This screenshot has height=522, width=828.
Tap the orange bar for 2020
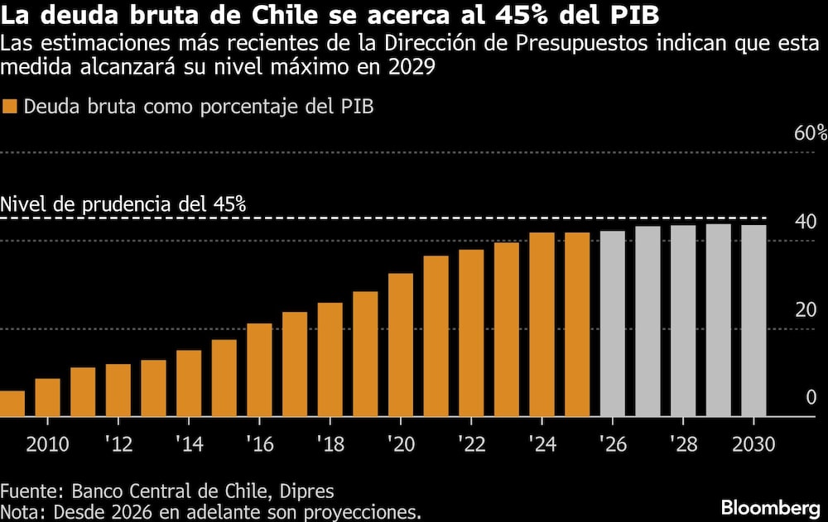tap(401, 345)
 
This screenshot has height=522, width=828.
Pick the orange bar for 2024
tap(542, 325)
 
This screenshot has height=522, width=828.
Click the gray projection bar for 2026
tap(612, 324)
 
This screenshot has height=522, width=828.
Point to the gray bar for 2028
tap(683, 321)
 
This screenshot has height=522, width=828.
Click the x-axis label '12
tap(118, 444)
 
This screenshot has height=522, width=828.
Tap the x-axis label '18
tap(330, 444)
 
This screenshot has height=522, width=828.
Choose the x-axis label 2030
tap(753, 444)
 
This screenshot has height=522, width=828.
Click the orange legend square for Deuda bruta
tap(10, 107)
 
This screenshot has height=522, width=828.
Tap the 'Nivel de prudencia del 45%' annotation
tap(124, 204)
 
